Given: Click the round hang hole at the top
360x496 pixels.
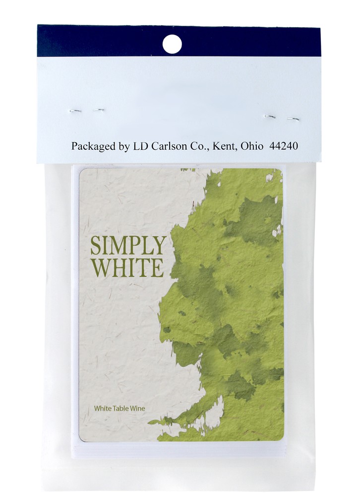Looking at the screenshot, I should coord(172,44).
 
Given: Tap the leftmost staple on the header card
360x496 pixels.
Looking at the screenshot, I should coord(75,111).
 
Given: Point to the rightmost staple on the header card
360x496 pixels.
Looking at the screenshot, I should coord(293,119).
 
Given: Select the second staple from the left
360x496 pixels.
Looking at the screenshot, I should coord(99,110).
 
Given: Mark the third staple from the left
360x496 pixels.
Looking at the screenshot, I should coord(270,117).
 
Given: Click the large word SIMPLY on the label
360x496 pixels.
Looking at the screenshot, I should coord(127,245).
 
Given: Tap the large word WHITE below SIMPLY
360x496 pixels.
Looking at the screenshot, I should coord(127,267).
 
